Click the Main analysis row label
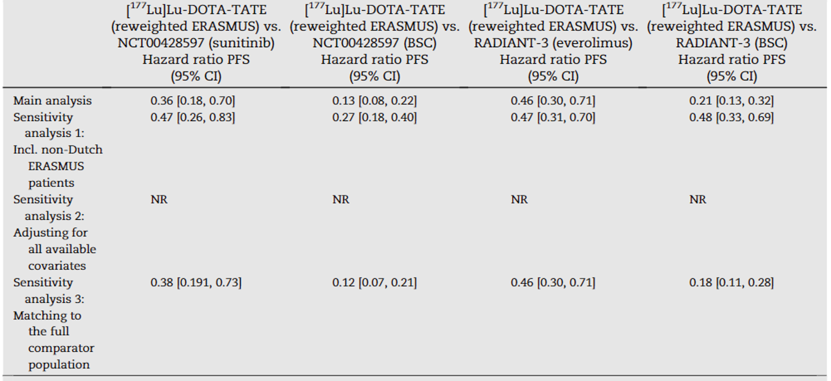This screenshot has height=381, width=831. click(53, 100)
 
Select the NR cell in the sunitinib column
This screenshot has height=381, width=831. click(159, 200)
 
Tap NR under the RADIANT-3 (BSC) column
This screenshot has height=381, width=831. click(697, 200)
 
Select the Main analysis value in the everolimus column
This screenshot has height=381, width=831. click(552, 100)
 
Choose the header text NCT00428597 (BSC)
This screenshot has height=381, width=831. click(374, 43)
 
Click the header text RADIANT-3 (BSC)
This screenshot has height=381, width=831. click(731, 43)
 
